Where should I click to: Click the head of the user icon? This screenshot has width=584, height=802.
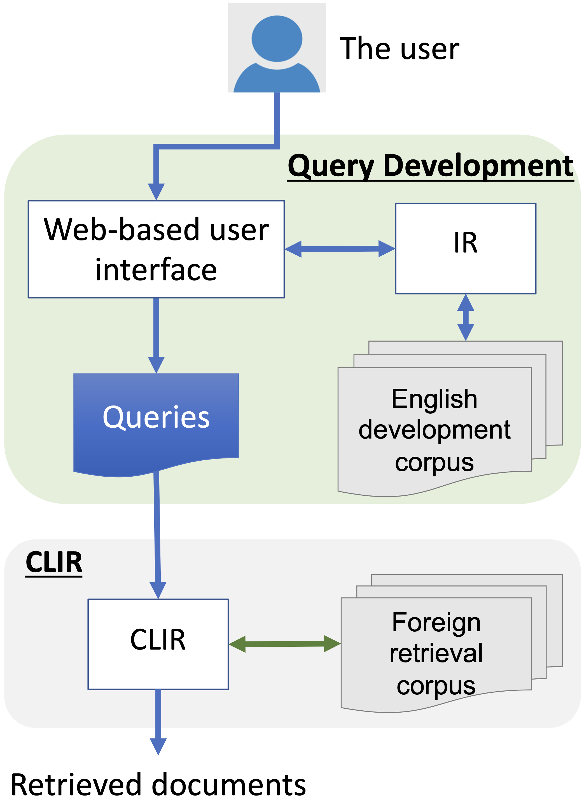pyautogui.click(x=277, y=38)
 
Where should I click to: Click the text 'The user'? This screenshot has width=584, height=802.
pyautogui.click(x=399, y=49)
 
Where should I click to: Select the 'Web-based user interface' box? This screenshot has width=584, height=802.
pyautogui.click(x=156, y=249)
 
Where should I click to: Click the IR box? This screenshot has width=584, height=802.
pyautogui.click(x=465, y=248)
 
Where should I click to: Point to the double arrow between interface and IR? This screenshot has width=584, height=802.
pyautogui.click(x=340, y=249)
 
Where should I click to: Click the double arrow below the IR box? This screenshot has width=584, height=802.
pyautogui.click(x=466, y=317)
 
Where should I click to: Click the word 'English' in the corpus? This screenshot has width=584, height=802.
pyautogui.click(x=434, y=399)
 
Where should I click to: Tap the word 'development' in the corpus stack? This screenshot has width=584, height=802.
pyautogui.click(x=434, y=430)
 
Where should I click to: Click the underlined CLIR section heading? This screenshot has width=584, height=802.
pyautogui.click(x=54, y=562)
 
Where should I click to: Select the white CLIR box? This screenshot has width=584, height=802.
pyautogui.click(x=158, y=644)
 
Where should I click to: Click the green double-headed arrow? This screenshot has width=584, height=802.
pyautogui.click(x=284, y=644)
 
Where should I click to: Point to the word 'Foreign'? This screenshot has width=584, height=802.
pyautogui.click(x=436, y=622)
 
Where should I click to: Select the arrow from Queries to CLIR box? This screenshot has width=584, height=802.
pyautogui.click(x=157, y=531)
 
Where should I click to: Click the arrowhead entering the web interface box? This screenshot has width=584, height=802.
pyautogui.click(x=156, y=191)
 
